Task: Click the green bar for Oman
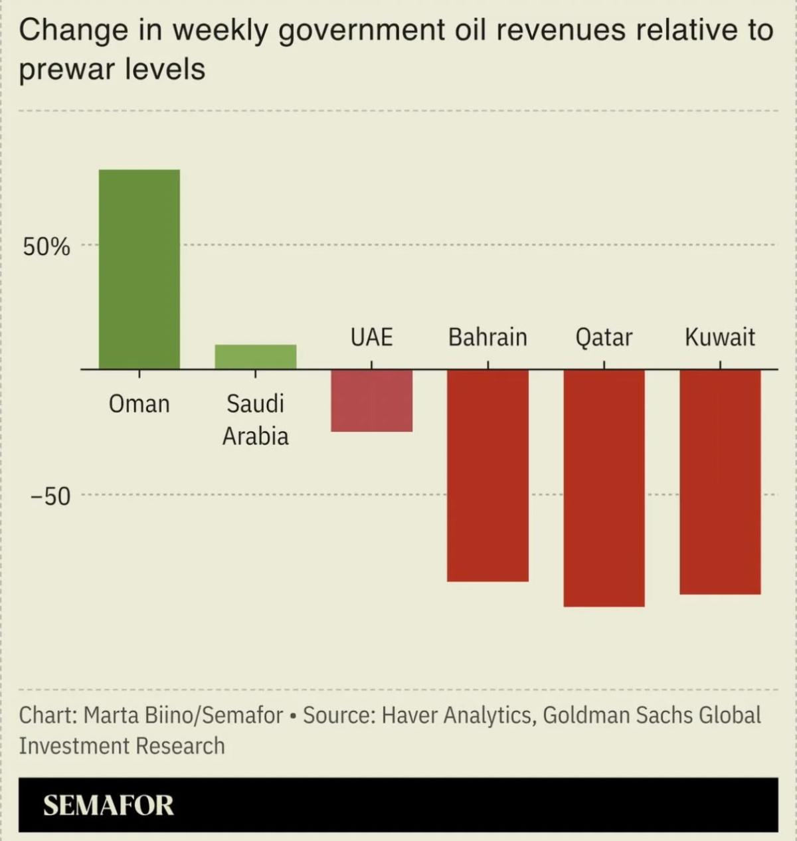point(139,269)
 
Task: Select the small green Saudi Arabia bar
point(256,357)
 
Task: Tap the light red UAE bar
point(372,401)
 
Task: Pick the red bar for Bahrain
point(488,475)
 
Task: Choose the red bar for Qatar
point(604,488)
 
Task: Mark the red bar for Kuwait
point(720,482)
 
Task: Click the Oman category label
point(139,403)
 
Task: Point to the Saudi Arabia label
point(256,420)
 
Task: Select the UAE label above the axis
point(372,337)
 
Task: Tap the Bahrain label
point(488,337)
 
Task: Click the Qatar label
point(604,337)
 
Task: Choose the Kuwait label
point(720,337)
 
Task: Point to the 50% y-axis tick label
point(46,247)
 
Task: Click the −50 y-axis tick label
point(50,496)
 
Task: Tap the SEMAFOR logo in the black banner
point(108,805)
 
